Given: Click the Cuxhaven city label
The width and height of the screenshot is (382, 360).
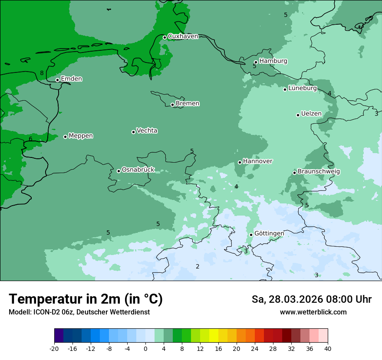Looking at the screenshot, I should [183, 36].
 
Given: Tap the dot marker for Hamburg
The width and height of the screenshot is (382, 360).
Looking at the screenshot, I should [256, 62].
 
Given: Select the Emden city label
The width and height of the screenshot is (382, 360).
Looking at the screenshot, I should [71, 79].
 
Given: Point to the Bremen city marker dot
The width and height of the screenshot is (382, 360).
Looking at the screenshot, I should [172, 105].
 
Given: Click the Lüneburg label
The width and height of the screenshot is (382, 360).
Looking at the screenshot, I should [302, 88].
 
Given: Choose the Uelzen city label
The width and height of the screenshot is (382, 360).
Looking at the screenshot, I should [311, 114].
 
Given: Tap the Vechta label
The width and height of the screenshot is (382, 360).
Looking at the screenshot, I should [147, 131].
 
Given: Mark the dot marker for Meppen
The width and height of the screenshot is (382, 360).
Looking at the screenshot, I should [65, 137].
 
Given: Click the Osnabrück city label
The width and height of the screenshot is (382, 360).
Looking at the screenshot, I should [138, 170].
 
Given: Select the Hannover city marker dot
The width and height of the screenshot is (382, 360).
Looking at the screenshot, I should [240, 162].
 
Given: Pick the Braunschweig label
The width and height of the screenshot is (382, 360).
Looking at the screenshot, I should [319, 172].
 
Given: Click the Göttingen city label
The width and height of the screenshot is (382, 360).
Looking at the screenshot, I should [269, 234].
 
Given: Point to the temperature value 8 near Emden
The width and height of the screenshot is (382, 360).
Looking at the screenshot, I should [42, 73].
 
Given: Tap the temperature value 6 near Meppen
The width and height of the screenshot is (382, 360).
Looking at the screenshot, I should [30, 139].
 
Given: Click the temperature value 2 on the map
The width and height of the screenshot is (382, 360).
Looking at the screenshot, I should [198, 266].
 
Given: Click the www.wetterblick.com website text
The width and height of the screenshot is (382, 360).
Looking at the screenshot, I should [313, 312].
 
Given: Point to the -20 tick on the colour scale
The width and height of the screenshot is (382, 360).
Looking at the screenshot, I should [54, 349].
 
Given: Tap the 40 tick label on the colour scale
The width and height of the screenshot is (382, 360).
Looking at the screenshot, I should [328, 349].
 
